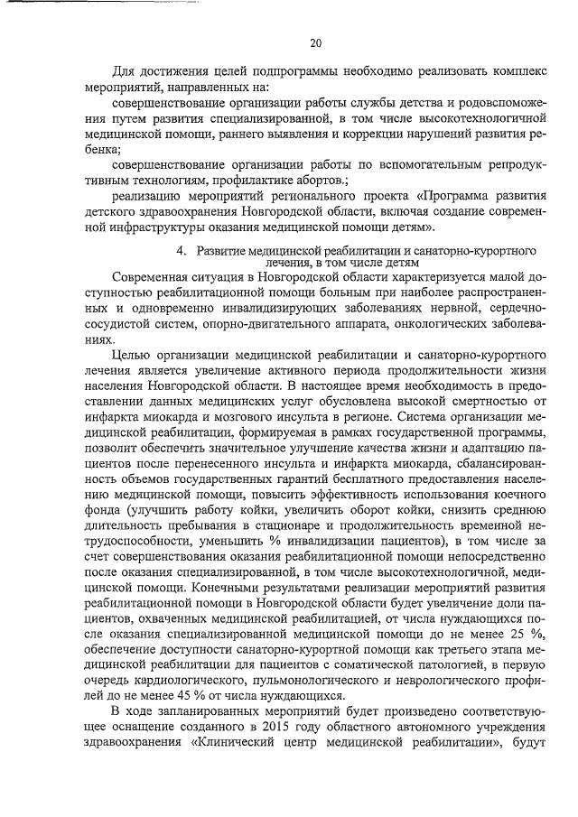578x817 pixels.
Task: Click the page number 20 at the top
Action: (315, 42)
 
